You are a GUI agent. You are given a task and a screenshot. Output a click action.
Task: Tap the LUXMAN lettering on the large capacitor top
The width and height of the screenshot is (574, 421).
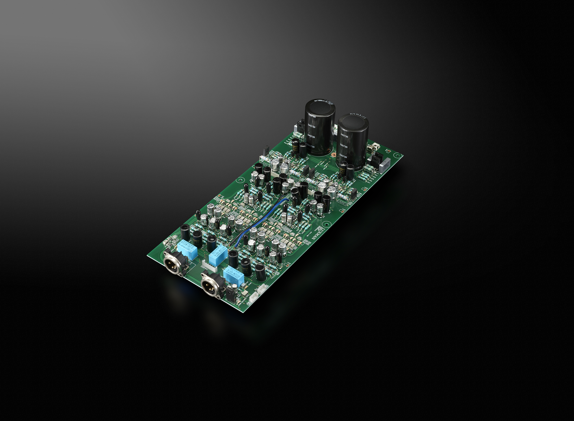click(x=358, y=116)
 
